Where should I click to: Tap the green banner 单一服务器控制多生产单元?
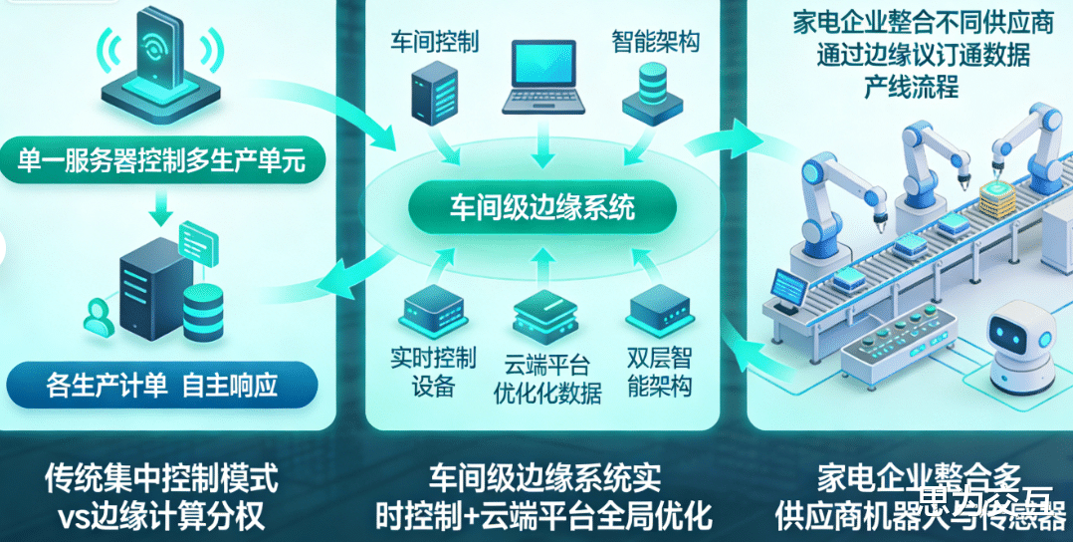[x=170, y=159]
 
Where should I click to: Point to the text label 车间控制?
[x=436, y=41]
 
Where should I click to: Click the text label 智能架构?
[x=654, y=41]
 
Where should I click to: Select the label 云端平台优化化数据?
[x=547, y=378]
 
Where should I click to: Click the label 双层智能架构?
[x=659, y=372]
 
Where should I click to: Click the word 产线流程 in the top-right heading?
[x=911, y=87]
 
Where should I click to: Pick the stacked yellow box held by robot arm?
[x=998, y=199]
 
